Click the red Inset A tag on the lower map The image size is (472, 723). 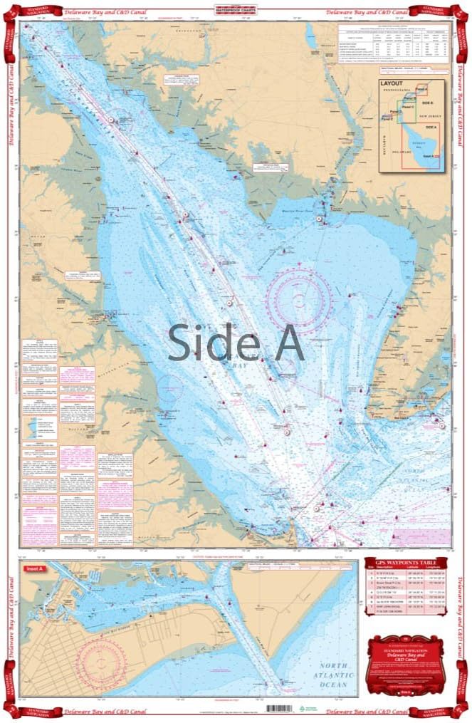(33, 568)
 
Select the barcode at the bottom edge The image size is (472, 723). (280, 709)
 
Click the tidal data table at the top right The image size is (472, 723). (394, 45)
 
